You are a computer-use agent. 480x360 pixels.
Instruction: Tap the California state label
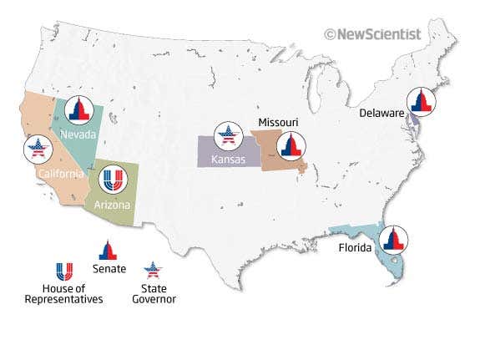tap(61, 174)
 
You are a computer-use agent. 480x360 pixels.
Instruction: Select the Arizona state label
tap(113, 204)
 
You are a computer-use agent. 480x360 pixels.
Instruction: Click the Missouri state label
tap(278, 123)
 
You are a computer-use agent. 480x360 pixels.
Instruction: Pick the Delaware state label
tap(382, 113)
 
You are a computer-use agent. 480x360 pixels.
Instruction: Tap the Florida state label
tap(357, 249)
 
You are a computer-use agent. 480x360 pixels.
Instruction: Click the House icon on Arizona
tap(112, 179)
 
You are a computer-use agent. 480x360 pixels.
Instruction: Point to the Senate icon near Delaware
tap(419, 101)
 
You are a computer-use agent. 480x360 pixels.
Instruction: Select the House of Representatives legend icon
tap(63, 271)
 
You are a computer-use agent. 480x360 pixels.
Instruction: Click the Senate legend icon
tap(107, 250)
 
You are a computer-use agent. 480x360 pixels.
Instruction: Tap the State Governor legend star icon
tap(152, 270)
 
